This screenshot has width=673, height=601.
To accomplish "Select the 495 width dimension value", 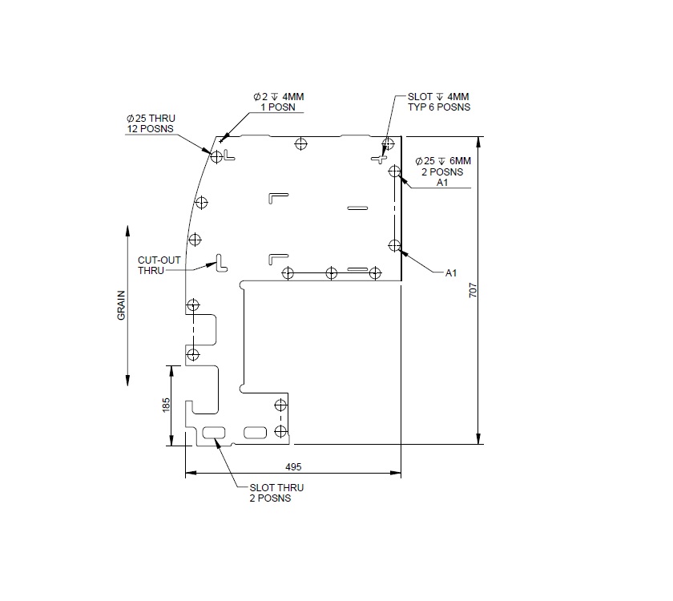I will click(x=292, y=466).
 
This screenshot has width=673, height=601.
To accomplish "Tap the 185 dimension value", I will click(x=166, y=405).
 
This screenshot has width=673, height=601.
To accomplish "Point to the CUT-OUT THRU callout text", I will click(x=151, y=265).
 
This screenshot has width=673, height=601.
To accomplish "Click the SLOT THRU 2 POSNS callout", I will click(x=276, y=492).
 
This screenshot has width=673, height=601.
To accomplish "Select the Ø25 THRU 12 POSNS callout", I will click(x=151, y=123).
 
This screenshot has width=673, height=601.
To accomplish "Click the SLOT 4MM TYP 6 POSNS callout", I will click(x=433, y=102).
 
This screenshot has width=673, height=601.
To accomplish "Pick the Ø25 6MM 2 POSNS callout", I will click(x=444, y=171).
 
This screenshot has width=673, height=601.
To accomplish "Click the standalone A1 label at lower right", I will click(x=451, y=273).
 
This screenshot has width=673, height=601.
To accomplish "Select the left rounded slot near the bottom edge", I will click(x=215, y=433).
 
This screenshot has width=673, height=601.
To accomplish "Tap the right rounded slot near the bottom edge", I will click(x=255, y=433).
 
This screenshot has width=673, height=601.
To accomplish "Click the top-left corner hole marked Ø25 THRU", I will click(x=216, y=156).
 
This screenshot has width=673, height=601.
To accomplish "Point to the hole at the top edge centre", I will click(x=300, y=144).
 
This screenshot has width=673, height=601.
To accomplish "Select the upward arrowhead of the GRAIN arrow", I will click(x=128, y=232).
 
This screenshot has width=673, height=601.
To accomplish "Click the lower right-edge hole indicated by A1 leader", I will click(x=393, y=244).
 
